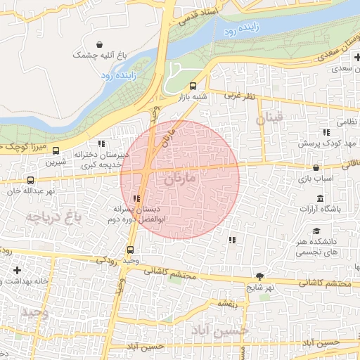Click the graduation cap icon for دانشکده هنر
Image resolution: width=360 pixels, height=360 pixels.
(316, 231)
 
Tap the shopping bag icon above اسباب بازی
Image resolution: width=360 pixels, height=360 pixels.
(316, 168)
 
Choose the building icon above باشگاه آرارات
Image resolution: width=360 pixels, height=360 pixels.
(321, 198)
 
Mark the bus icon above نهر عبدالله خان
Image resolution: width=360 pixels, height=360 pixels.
(30, 180)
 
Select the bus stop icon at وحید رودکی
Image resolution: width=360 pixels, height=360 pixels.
(130, 249)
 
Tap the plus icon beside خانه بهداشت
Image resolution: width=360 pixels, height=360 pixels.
(17, 269)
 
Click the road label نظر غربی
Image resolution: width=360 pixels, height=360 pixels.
(239, 94)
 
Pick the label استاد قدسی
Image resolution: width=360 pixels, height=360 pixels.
(200, 15)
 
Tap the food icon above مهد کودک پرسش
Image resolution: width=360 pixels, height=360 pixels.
(326, 131)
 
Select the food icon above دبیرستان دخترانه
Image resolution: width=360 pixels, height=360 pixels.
(101, 143)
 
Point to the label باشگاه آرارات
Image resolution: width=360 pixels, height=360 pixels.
(320, 209)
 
